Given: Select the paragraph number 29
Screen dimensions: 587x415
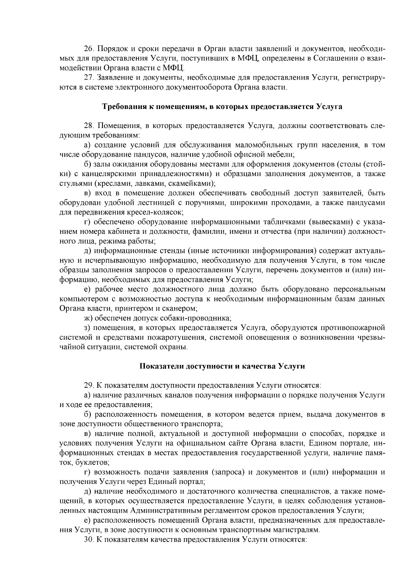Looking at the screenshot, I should [89, 385].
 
